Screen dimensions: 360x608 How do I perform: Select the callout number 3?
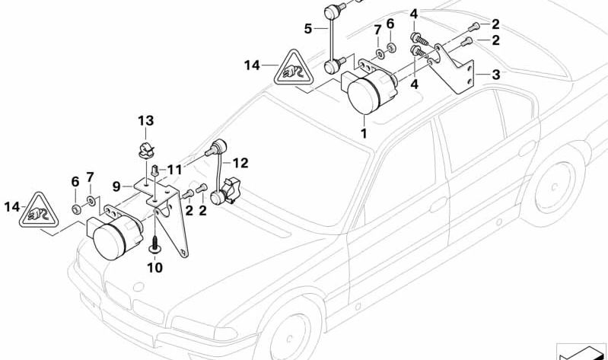coord(496,75)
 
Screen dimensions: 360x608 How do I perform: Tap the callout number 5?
coord(308,29)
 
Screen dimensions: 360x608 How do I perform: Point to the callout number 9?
coord(116,185)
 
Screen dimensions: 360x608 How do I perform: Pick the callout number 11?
coord(176,168)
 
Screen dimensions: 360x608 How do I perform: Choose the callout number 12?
coord(240,162)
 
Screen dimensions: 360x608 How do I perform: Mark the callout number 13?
coord(145,120)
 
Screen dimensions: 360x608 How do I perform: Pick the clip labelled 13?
coord(147,146)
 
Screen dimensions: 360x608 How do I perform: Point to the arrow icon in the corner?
coord(581,351)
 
